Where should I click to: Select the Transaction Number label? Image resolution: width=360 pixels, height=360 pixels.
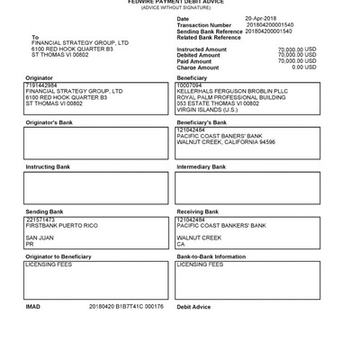[x=202, y=24]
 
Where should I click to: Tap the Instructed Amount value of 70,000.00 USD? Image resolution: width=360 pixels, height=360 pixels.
[x=297, y=49]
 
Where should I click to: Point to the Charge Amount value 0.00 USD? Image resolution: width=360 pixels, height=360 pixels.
[x=304, y=67]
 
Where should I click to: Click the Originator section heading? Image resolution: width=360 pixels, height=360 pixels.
[x=40, y=79]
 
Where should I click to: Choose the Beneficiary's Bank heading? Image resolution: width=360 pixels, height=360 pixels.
[x=202, y=121]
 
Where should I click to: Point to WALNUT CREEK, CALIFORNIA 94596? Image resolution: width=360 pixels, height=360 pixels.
[x=226, y=141]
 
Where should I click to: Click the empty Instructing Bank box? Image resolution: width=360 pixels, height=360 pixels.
[x=95, y=188]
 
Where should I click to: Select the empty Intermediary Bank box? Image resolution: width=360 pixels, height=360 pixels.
[x=247, y=188]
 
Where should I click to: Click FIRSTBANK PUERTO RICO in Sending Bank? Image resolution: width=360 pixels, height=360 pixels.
[x=62, y=225]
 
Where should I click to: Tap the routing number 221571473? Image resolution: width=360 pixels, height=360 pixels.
[x=41, y=219]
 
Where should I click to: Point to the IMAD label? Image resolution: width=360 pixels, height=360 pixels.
[x=33, y=307]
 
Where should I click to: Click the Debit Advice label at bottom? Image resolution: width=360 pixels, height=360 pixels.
[x=194, y=307]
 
